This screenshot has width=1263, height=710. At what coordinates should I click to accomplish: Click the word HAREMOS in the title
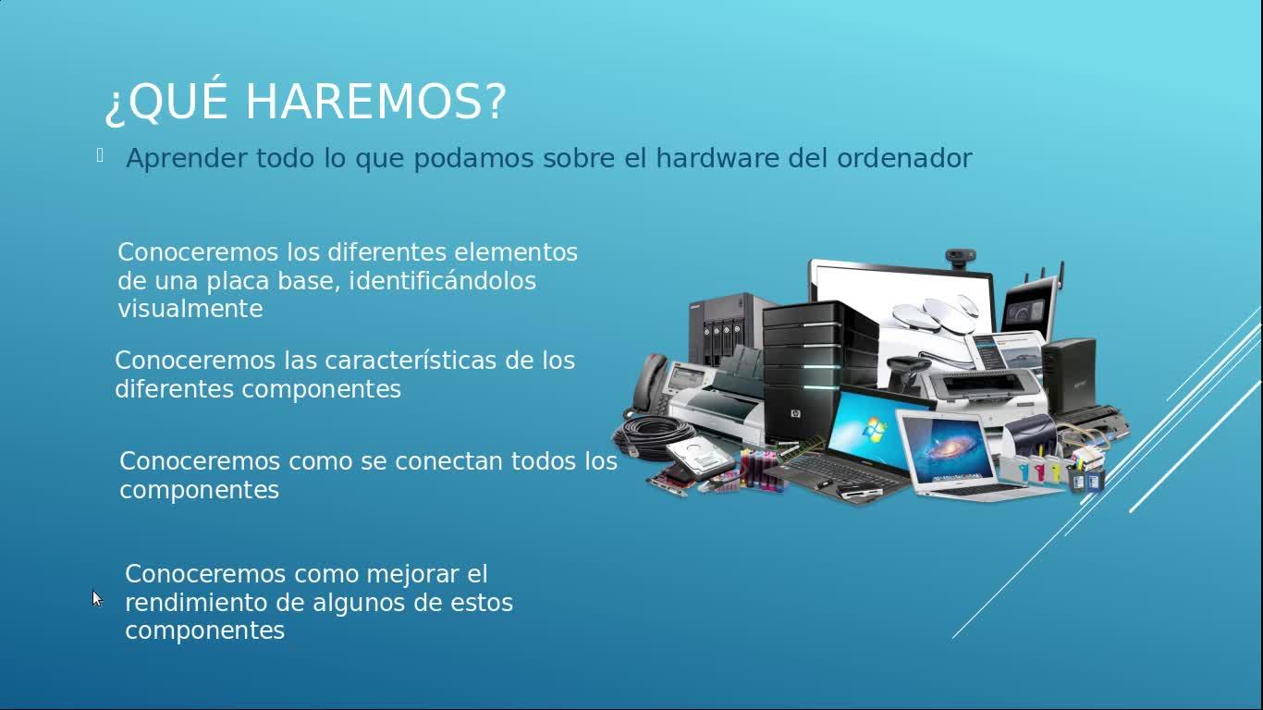pos(375,102)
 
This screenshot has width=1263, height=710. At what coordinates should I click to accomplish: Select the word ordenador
pos(904,158)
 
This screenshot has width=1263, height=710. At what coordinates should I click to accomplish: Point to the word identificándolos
pos(443,280)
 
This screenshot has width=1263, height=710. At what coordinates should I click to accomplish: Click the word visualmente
pos(190,309)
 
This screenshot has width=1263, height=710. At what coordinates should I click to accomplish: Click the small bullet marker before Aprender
pos(100,155)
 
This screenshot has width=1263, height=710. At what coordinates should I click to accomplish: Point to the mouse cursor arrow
pos(97,598)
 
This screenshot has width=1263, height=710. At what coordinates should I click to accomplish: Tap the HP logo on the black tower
pos(795,414)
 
